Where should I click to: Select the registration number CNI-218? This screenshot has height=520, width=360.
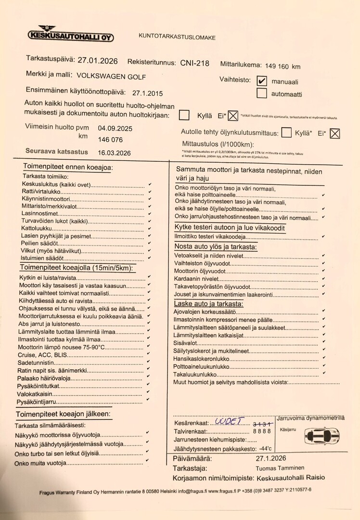(195, 63)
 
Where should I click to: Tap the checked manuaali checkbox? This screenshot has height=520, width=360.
(262, 81)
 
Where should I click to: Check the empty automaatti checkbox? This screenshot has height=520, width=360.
(262, 93)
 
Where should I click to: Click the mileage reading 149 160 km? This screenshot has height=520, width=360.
(283, 67)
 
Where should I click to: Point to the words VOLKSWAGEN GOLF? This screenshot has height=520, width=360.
(111, 76)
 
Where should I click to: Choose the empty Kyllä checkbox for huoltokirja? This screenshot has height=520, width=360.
(184, 115)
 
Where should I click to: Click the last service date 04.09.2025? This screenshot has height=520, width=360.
(115, 129)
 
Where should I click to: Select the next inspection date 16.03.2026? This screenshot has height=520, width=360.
(115, 153)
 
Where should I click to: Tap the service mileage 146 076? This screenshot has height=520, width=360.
(110, 140)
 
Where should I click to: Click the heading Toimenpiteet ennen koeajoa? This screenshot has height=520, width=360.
(68, 167)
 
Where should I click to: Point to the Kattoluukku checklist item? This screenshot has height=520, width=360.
(37, 227)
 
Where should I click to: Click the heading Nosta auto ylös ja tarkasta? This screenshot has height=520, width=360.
(216, 247)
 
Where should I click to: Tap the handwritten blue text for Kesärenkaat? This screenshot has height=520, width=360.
(228, 421)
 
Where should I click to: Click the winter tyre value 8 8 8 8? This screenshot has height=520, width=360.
(262, 432)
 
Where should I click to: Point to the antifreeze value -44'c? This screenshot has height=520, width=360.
(263, 449)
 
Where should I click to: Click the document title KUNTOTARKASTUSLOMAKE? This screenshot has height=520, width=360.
(177, 37)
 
